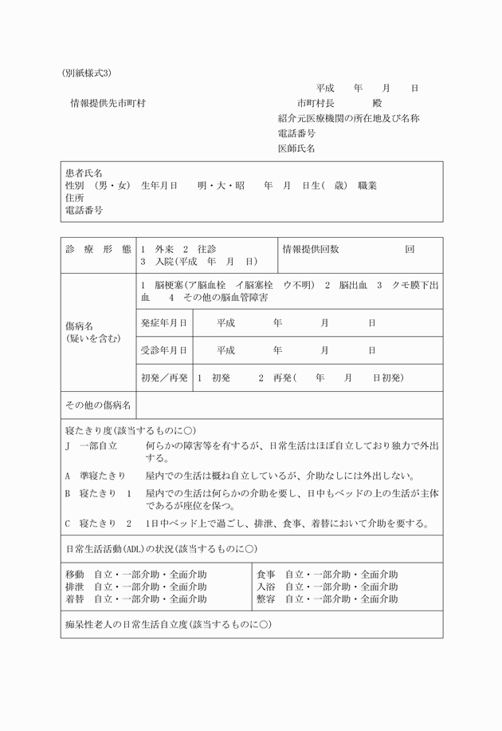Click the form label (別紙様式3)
click(86, 73)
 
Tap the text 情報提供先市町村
click(108, 103)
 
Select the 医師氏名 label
click(296, 148)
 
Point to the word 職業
click(367, 186)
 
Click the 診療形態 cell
click(98, 250)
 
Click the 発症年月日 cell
click(164, 322)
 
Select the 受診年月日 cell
click(164, 350)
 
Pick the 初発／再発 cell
click(164, 377)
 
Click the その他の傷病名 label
click(98, 406)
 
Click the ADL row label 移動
click(74, 575)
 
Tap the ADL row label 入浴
click(265, 587)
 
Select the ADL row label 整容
click(265, 599)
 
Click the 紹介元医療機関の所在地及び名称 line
click(348, 118)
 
